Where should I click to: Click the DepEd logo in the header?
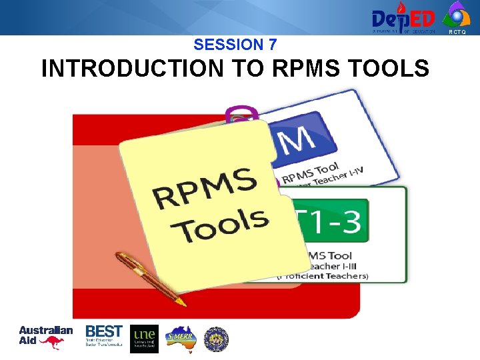click(403, 17)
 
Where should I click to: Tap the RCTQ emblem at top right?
click(457, 15)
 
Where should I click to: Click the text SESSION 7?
click(235, 45)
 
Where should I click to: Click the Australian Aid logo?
click(45, 335)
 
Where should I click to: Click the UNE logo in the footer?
click(145, 338)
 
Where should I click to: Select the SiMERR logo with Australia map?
click(180, 338)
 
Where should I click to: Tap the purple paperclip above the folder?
click(242, 116)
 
